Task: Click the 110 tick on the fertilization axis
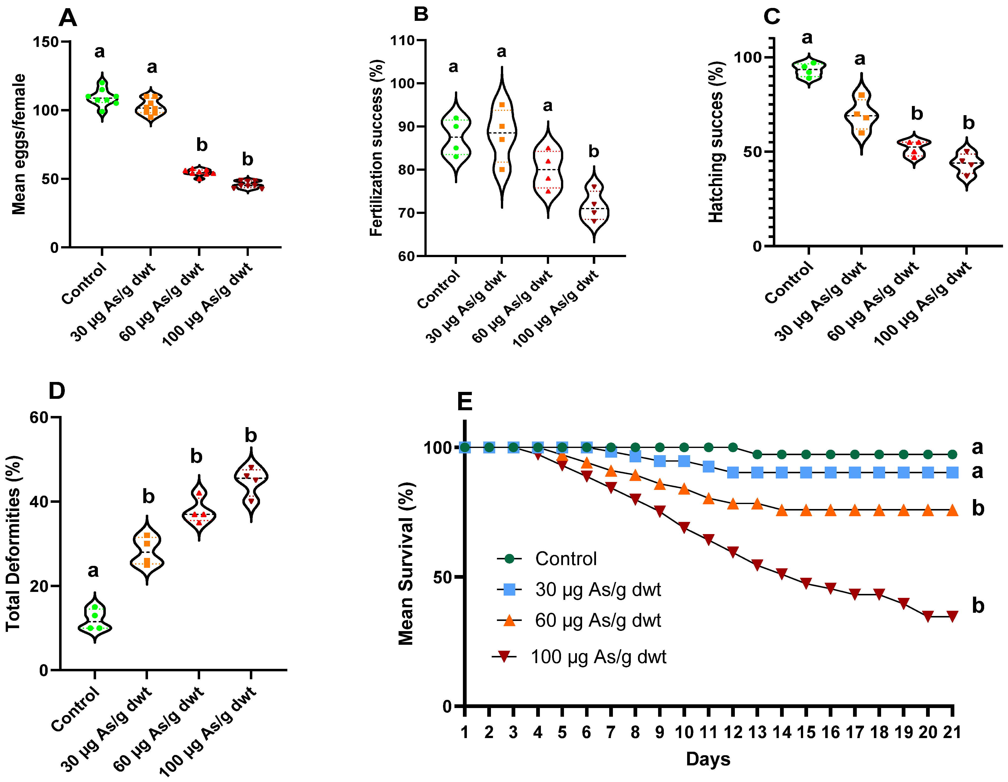click(403, 41)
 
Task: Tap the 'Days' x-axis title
click(708, 759)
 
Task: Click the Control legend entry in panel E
click(565, 559)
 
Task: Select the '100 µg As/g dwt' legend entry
click(598, 656)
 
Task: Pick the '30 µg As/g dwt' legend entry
click(598, 590)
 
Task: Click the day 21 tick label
click(952, 732)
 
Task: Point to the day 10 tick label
click(684, 732)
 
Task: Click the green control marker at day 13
click(757, 454)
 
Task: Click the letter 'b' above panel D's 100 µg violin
click(251, 435)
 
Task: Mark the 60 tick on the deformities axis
click(39, 417)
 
